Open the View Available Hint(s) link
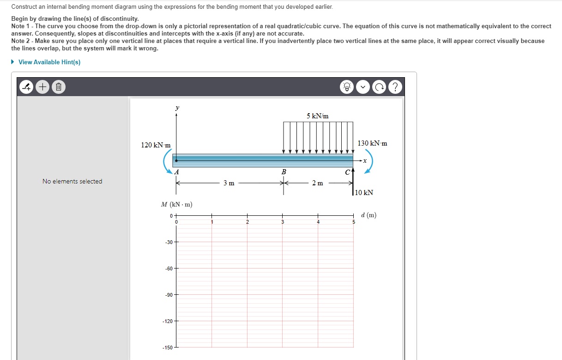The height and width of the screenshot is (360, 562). [49, 62]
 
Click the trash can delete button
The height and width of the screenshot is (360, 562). [58, 86]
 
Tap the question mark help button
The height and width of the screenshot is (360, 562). [395, 86]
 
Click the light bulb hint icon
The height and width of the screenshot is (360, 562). [347, 86]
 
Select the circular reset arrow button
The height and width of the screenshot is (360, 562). [380, 86]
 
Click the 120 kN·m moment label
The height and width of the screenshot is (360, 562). [156, 145]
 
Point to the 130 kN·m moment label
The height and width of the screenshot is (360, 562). [372, 143]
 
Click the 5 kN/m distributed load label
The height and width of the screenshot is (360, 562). [318, 116]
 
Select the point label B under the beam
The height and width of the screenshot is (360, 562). [284, 172]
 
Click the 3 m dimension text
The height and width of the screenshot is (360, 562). [229, 183]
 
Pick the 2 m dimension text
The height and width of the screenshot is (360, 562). [318, 183]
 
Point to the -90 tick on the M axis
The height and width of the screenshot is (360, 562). [169, 294]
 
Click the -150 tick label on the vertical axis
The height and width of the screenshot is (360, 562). [168, 347]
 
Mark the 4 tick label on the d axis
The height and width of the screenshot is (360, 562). [318, 222]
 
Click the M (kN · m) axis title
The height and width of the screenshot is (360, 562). [176, 204]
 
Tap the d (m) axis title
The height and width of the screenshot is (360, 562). [369, 215]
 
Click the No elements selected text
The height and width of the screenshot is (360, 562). [72, 181]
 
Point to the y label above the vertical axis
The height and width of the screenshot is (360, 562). [176, 108]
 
